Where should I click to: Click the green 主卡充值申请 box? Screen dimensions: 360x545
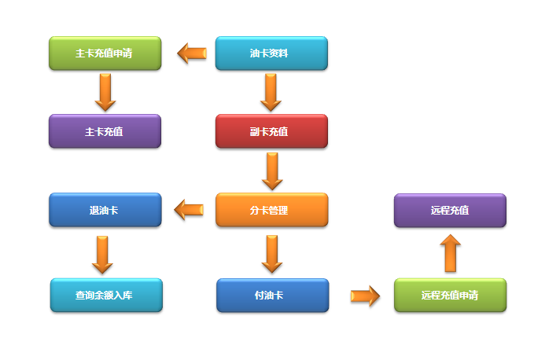tap(105, 53)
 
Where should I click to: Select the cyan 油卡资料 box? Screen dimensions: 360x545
tap(271, 53)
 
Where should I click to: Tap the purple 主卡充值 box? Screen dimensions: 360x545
tap(105, 131)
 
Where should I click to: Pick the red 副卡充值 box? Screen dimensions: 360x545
tap(271, 131)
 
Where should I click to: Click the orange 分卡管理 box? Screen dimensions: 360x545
tap(271, 210)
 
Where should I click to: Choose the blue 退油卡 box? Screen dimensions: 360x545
tap(105, 210)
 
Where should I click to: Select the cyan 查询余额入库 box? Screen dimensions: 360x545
tap(106, 296)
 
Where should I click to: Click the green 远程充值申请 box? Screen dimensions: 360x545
tap(450, 296)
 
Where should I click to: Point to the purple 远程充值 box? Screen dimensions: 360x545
tap(450, 210)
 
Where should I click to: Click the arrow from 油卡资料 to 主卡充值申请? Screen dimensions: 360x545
tap(191, 53)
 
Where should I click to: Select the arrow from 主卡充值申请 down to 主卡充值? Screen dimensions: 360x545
tap(105, 93)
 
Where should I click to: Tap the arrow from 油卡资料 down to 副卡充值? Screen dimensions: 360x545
tap(271, 93)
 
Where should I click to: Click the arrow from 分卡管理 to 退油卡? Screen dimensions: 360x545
tap(189, 210)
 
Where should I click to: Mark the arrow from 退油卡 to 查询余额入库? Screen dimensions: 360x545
tap(103, 253)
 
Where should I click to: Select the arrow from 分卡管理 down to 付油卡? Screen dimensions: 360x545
tap(271, 253)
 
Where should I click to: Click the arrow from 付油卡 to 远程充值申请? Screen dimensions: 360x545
tap(365, 296)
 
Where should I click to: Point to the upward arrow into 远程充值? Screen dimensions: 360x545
tap(451, 253)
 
